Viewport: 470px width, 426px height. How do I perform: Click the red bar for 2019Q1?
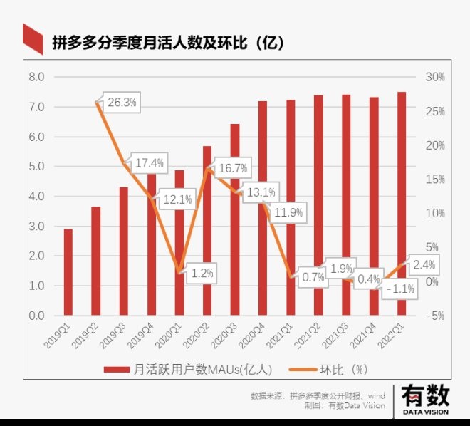coord(68,271)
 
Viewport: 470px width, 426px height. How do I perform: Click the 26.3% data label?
coord(122,103)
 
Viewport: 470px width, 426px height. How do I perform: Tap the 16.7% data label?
coord(232,168)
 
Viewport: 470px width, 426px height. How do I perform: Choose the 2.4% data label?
coord(422,265)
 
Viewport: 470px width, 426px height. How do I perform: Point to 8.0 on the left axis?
coord(36,77)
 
